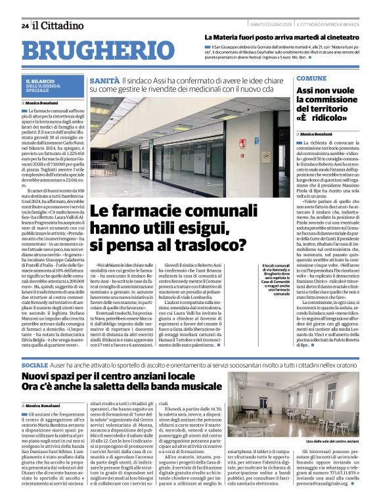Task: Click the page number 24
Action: pyautogui.click(x=25, y=26)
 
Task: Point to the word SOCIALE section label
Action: pyautogui.click(x=35, y=364)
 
